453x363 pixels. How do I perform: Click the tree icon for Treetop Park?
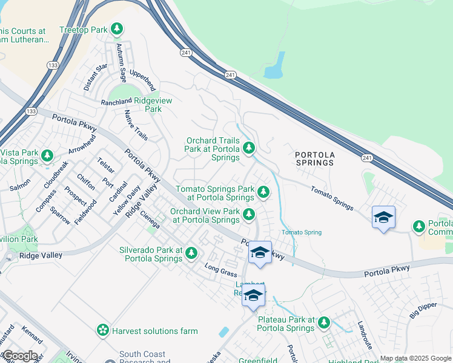pyautogui.click(x=117, y=29)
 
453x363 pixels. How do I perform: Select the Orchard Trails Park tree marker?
pyautogui.click(x=248, y=148)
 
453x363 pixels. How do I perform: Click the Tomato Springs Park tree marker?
pyautogui.click(x=263, y=192)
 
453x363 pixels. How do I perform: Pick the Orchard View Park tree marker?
pyautogui.click(x=248, y=214)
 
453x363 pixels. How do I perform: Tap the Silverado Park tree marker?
pyautogui.click(x=191, y=253)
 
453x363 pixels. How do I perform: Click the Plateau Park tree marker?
pyautogui.click(x=324, y=322)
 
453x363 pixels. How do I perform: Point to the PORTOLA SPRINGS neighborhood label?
pyautogui.click(x=314, y=159)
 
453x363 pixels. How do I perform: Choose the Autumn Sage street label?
pyautogui.click(x=122, y=63)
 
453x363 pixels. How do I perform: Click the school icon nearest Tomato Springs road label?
pyautogui.click(x=383, y=218)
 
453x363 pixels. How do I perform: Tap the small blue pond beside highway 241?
pyautogui.click(x=274, y=66)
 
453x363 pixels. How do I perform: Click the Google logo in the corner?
pyautogui.click(x=20, y=356)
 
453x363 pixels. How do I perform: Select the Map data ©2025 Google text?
pyautogui.click(x=415, y=358)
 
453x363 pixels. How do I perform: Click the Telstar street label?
pyautogui.click(x=105, y=165)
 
